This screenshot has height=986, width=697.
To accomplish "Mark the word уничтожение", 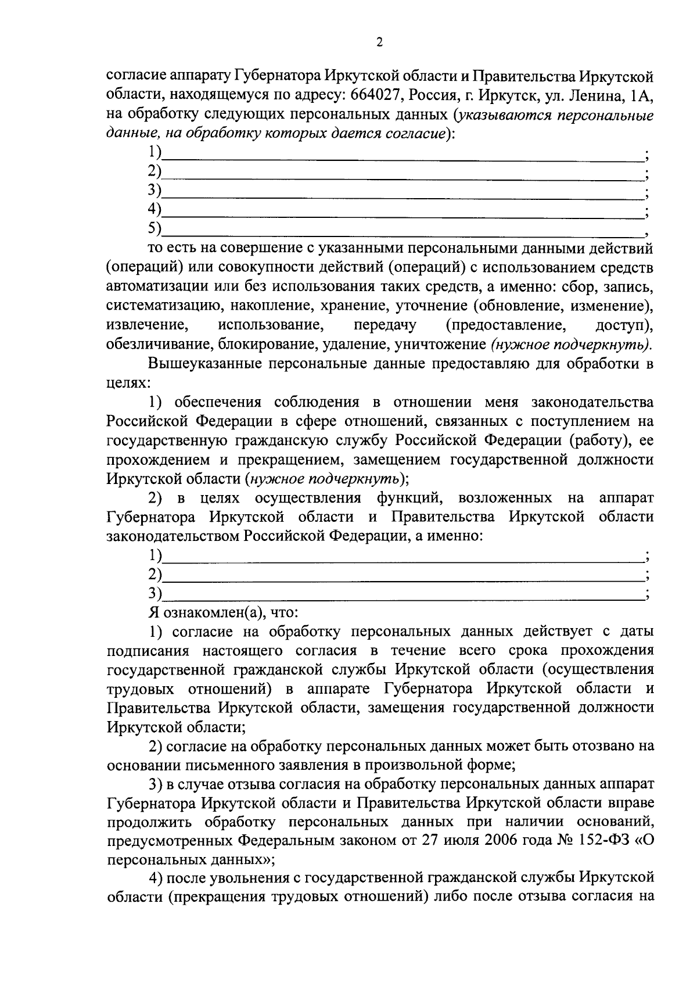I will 440,344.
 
